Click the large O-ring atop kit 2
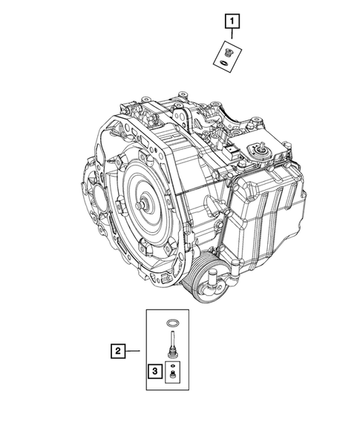click(172, 323)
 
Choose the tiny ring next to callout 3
click(172, 365)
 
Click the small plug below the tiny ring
click(172, 374)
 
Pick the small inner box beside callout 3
click(172, 370)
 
